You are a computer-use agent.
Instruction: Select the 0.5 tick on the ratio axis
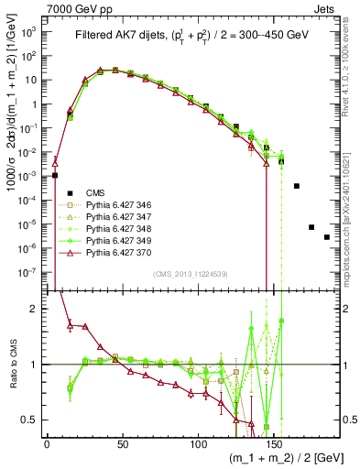(x=31, y=420)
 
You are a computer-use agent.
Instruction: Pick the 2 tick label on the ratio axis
(x=35, y=309)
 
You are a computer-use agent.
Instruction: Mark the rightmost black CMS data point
(x=327, y=237)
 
